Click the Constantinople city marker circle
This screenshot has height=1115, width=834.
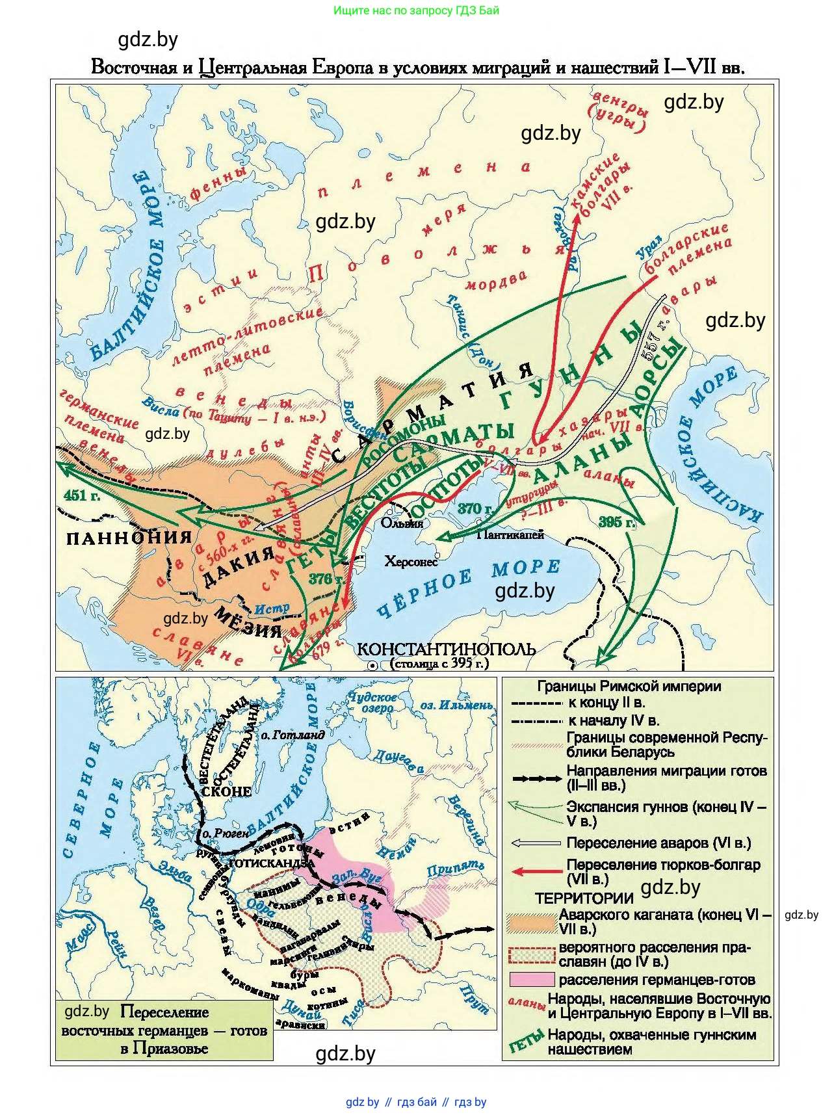[x=372, y=665]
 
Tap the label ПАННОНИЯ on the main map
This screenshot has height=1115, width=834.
[x=129, y=537]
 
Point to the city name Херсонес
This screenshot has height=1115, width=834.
[x=411, y=561]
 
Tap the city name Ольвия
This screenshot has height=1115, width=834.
[x=402, y=523]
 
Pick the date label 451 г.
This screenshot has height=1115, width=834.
[x=82, y=495]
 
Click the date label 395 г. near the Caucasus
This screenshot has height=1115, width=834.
[x=616, y=522]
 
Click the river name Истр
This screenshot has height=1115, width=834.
[x=272, y=609]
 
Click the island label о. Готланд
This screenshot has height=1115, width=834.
[x=293, y=735]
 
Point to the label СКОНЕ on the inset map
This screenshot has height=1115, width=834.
[x=226, y=791]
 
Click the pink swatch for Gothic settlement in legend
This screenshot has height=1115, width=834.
[x=532, y=979]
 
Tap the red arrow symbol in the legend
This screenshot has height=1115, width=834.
[x=536, y=872]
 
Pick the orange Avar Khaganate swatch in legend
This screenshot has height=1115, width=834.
[x=532, y=922]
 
